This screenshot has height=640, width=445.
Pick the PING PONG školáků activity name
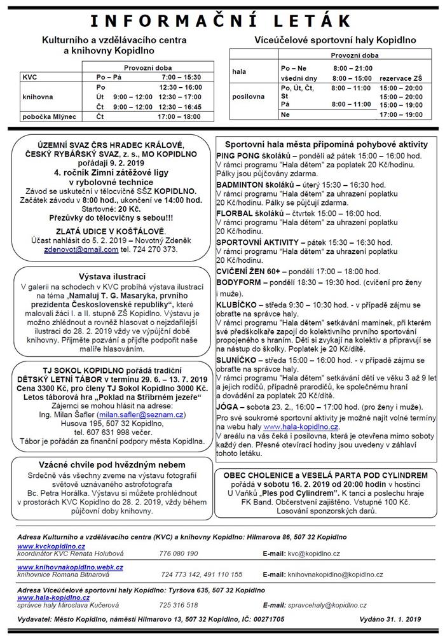(x=254, y=155)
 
